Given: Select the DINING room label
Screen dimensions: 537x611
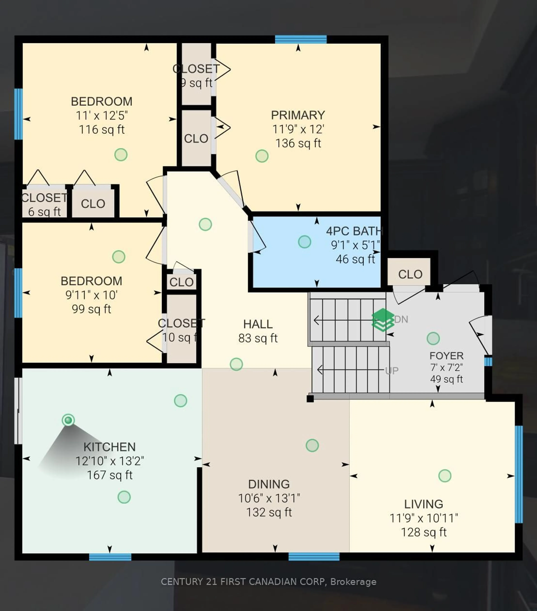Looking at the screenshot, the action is click(269, 484).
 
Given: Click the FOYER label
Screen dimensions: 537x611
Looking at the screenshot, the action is click(446, 356).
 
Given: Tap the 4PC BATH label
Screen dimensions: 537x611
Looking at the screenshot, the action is click(354, 231).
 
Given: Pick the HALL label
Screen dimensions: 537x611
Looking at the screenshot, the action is click(258, 324).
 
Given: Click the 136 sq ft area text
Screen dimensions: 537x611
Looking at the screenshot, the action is click(298, 143).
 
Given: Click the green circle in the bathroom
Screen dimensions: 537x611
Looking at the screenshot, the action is click(304, 241).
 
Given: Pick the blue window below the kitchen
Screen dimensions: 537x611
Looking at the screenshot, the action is click(110, 557).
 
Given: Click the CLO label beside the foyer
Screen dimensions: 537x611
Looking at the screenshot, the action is click(410, 274).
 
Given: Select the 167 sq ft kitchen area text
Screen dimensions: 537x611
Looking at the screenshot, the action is click(109, 475).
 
